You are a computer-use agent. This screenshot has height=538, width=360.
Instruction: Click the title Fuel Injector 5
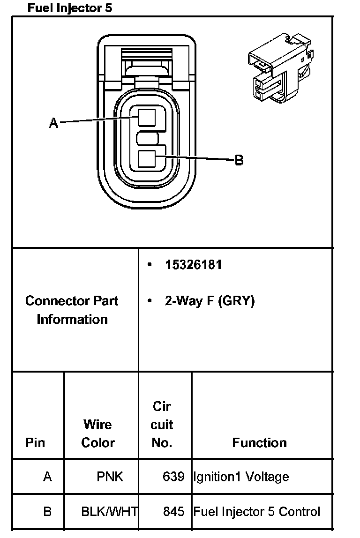[70, 8]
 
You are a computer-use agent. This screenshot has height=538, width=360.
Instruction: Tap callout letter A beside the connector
[54, 123]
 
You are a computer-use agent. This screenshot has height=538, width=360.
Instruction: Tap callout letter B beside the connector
[239, 160]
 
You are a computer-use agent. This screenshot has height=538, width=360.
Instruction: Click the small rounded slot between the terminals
[148, 138]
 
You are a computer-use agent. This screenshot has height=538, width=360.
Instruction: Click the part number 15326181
[193, 265]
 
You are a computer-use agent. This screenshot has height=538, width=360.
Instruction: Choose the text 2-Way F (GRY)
[210, 301]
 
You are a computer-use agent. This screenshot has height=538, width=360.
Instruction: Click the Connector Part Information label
[72, 310]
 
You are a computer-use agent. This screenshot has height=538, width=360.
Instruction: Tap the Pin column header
[36, 442]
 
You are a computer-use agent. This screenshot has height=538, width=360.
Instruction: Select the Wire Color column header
[98, 433]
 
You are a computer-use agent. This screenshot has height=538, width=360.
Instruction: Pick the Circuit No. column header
[162, 425]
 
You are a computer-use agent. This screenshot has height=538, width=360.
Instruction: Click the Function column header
[259, 442]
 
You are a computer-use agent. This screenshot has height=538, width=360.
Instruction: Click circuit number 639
[174, 477]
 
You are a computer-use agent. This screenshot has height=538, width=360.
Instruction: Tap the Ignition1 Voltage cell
[241, 477]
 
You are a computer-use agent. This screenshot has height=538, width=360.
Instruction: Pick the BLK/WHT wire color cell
[109, 511]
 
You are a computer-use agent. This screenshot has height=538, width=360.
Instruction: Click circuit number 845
[174, 511]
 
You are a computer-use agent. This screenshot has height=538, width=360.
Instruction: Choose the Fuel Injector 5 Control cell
[257, 511]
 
